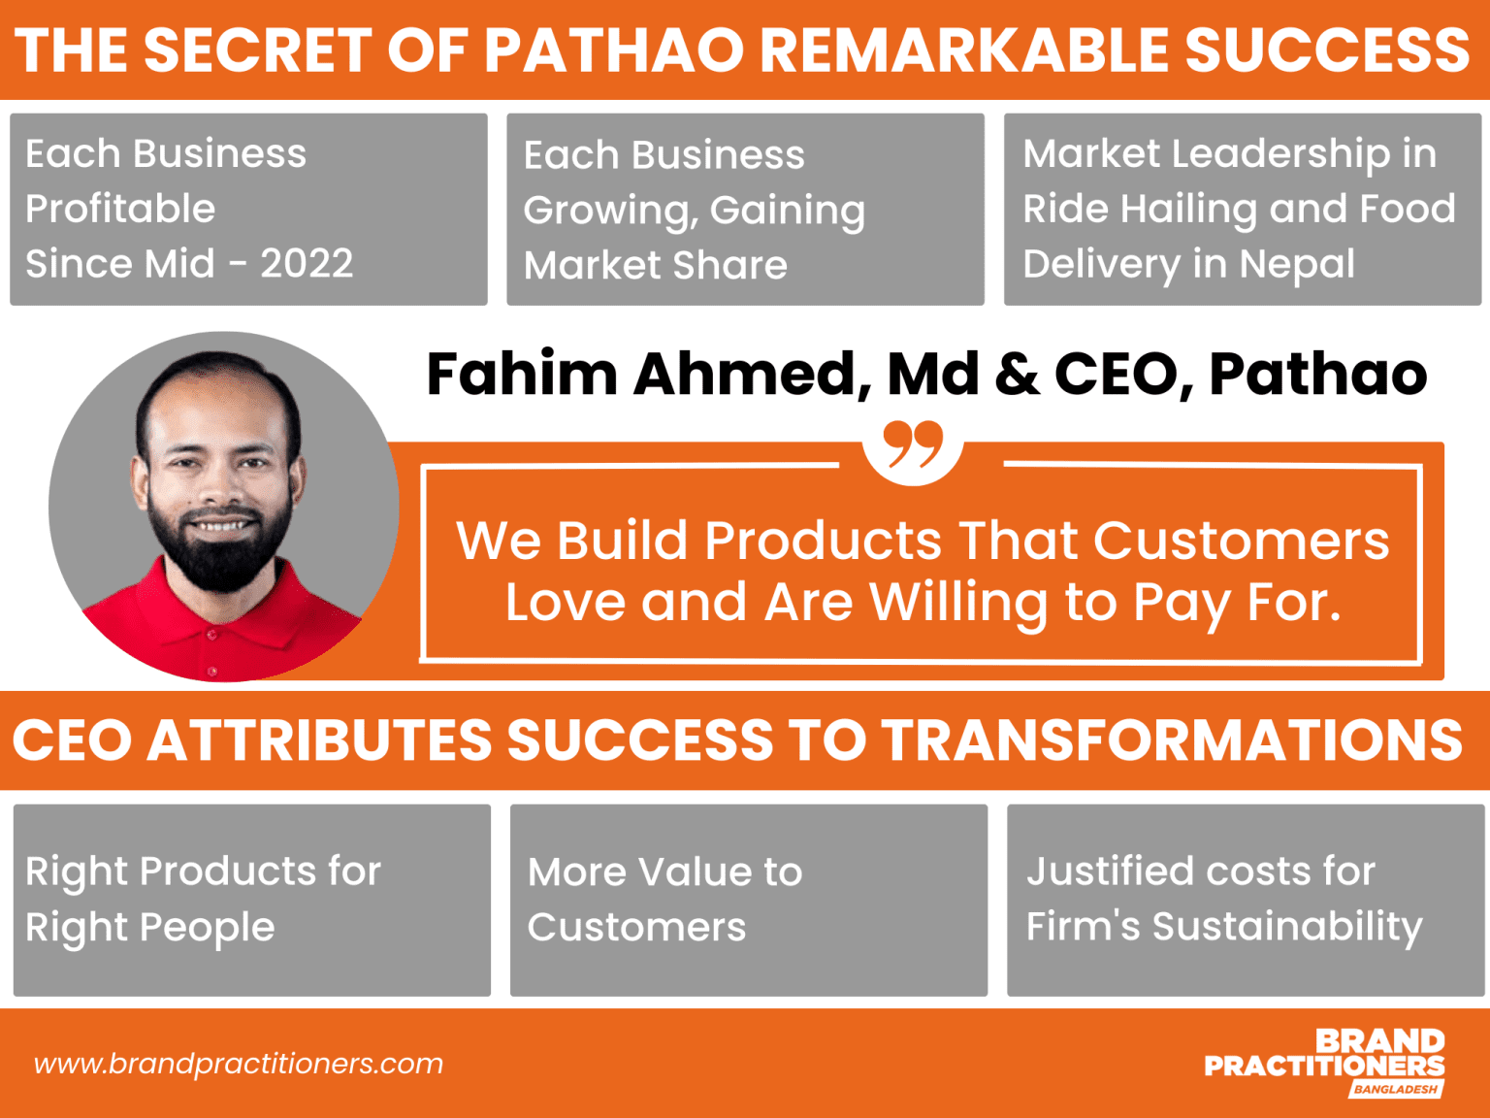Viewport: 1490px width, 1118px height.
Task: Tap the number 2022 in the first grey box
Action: [307, 264]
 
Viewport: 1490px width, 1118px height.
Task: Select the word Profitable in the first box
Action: [120, 209]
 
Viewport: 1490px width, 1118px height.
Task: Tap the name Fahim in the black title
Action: [522, 374]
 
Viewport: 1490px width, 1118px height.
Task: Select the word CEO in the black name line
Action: [1117, 374]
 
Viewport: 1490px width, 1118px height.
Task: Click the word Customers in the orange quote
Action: [1241, 541]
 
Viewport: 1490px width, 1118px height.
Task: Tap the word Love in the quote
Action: [566, 603]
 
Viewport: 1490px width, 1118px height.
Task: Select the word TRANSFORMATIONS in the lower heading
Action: [1171, 740]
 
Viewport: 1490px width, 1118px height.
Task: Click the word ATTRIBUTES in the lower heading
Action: [319, 740]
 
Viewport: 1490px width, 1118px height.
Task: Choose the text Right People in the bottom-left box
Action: [150, 928]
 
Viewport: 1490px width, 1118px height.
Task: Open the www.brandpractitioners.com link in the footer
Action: [239, 1064]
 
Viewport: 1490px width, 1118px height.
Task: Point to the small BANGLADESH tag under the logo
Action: [1395, 1090]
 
